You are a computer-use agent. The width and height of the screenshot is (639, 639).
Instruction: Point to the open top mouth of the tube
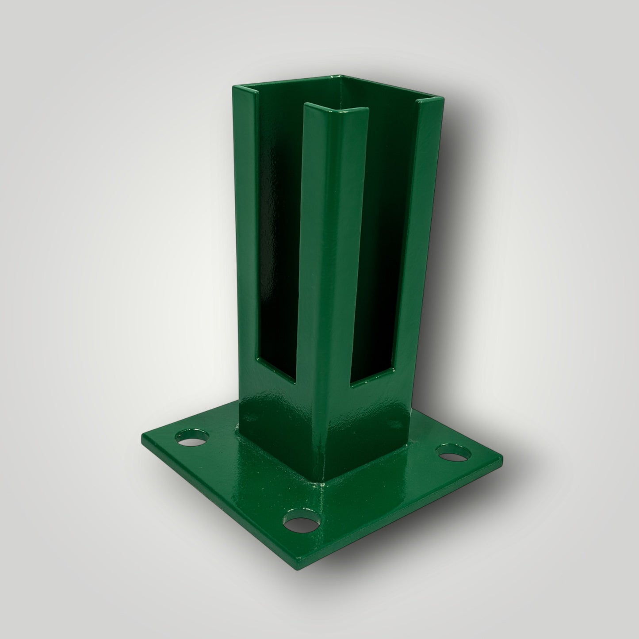[x=349, y=95]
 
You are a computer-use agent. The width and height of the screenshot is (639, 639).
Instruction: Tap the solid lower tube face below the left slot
[x=279, y=416]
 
